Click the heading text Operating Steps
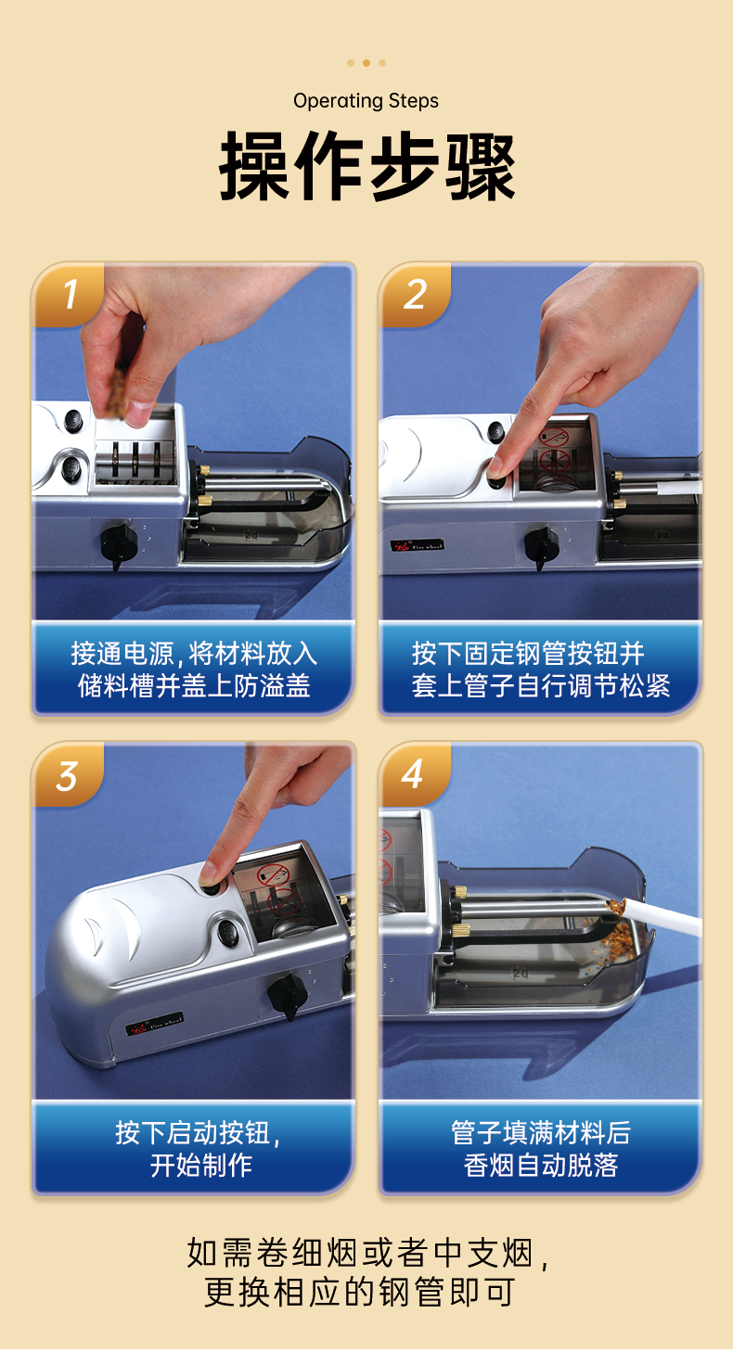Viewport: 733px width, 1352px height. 366,101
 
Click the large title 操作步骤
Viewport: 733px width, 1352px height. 366,165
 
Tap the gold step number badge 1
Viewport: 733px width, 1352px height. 69,295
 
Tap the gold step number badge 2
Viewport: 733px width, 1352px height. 416,295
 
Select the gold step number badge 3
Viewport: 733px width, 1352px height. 68,775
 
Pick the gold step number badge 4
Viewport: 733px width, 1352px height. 414,775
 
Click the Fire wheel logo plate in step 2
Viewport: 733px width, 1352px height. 418,545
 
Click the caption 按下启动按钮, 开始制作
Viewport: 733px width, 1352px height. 199,1149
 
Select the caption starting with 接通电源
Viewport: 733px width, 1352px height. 194,670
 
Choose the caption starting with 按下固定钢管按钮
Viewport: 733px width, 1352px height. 540,670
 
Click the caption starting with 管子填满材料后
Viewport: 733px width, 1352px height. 540,1149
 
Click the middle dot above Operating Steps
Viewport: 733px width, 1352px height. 366,63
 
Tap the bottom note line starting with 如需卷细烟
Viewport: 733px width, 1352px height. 368,1254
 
